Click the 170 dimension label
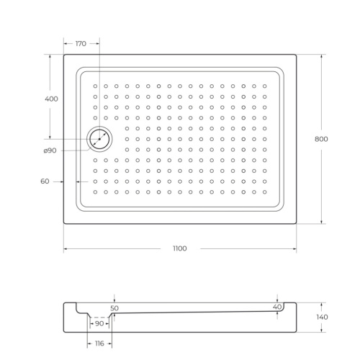(80, 44)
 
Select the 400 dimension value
(51, 99)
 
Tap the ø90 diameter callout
(50, 150)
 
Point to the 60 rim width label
(45, 181)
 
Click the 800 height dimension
(322, 138)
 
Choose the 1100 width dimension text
(179, 248)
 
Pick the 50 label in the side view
(114, 308)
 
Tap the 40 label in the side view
(277, 307)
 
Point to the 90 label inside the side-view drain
(99, 324)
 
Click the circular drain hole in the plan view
(99, 138)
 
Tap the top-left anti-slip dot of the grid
(95, 86)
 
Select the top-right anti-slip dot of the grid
(265, 86)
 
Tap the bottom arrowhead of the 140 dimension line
(322, 330)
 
